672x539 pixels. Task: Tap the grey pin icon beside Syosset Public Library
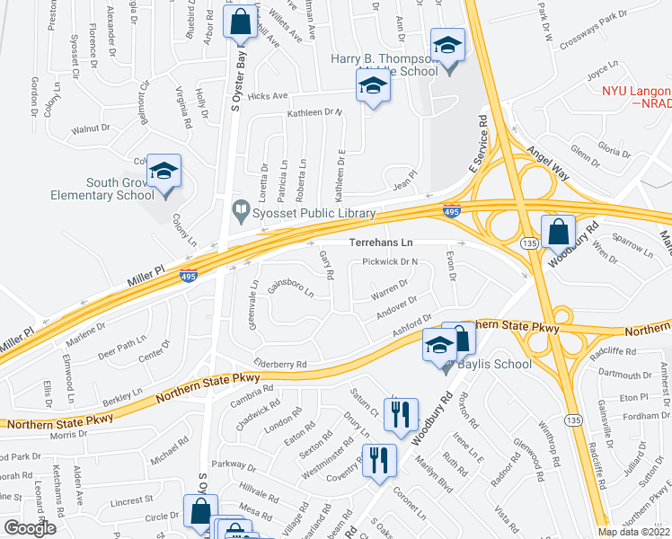click(240, 213)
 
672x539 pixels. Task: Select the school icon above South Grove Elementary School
click(164, 171)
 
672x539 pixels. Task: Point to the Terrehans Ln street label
click(381, 243)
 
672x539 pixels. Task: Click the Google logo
click(30, 528)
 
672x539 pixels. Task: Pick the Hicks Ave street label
click(269, 95)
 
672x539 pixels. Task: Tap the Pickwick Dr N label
click(391, 262)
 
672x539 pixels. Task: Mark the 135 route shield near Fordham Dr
click(572, 419)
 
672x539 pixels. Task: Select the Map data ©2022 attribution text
click(634, 532)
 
